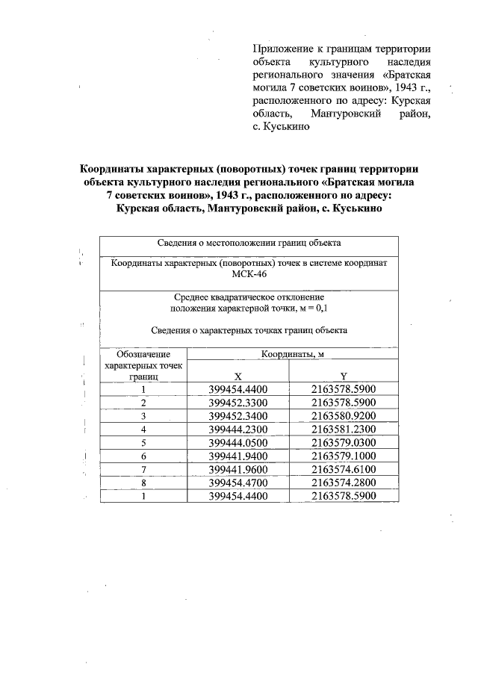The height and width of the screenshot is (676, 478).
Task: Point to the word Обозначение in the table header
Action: click(143, 353)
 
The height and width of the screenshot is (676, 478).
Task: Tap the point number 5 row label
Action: click(143, 442)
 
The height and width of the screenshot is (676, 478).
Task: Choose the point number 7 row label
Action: click(143, 469)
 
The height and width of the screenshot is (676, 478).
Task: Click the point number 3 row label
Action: click(143, 415)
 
